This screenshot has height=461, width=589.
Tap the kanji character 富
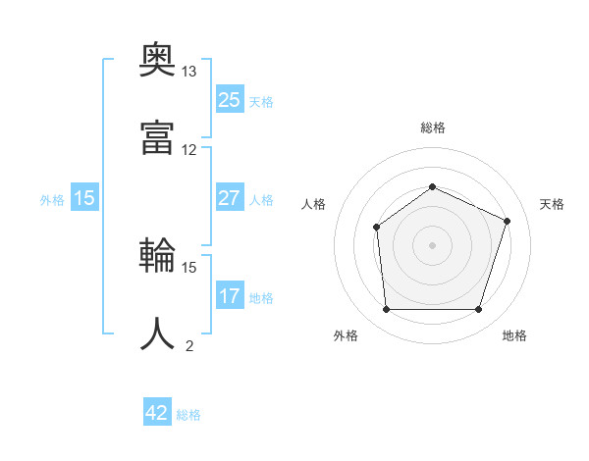157,137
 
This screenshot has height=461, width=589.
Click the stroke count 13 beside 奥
189,72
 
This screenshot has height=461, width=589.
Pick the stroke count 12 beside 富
189,149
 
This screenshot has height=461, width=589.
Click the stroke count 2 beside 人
189,344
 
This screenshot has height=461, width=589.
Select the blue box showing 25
230,100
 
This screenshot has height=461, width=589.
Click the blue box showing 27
230,198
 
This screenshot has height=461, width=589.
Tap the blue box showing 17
230,296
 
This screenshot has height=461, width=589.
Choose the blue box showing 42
157,413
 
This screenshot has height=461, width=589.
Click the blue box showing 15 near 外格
84,198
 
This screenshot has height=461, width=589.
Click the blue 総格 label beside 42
188,415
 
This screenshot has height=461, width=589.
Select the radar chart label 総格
432,128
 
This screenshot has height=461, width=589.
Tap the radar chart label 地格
514,335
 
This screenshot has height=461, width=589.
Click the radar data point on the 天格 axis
508,221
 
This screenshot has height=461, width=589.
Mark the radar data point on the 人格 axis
377,228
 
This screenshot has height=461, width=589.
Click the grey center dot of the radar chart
432,245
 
